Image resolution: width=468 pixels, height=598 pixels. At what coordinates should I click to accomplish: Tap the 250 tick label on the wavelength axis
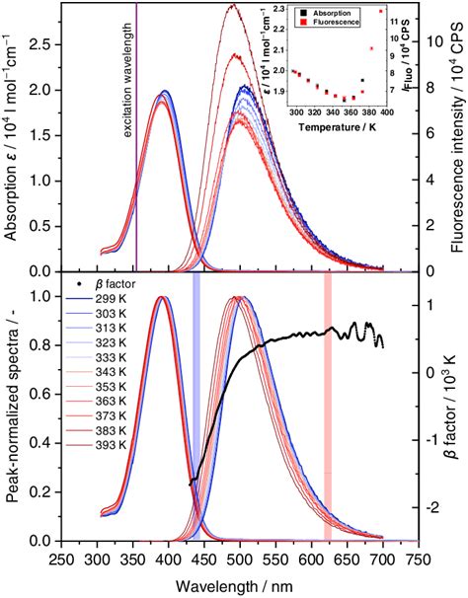(62, 559)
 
